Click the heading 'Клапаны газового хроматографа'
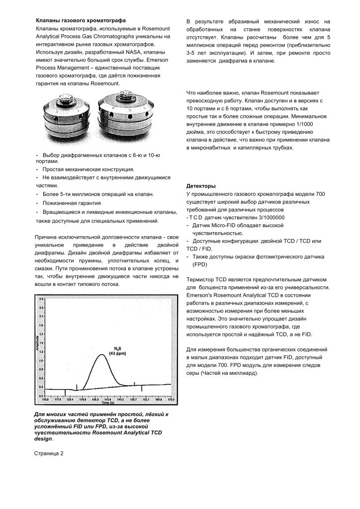80,20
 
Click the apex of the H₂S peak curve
102,354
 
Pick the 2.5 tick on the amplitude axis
41,299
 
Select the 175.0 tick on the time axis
171,399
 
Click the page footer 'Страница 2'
49,453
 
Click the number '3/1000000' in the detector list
269,217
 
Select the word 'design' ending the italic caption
43,439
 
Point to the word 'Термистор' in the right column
200,279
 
